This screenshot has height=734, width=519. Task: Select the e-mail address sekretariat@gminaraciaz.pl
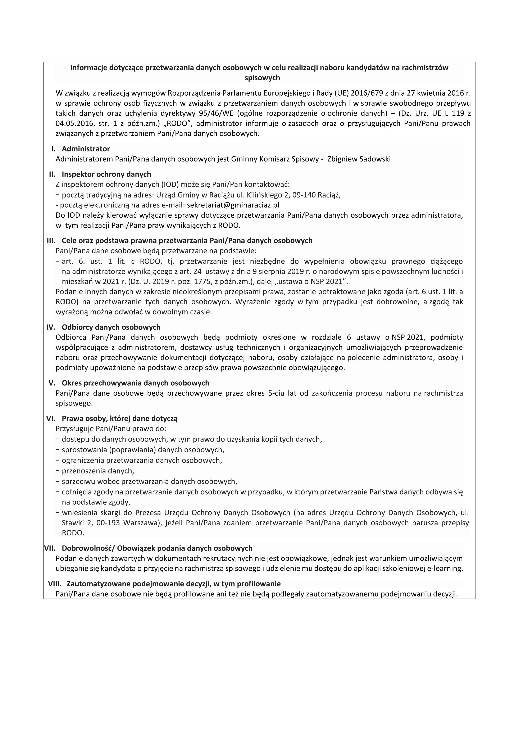tap(233, 205)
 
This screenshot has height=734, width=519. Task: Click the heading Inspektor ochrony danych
tap(106, 174)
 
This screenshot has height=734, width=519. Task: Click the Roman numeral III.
tap(51, 240)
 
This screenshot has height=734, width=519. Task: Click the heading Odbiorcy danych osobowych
tap(111, 327)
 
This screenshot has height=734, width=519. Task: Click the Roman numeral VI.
tap(51, 418)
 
